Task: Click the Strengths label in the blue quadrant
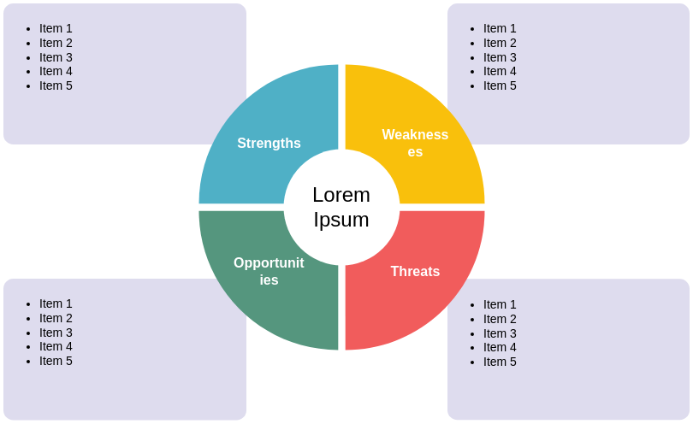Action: [269, 144]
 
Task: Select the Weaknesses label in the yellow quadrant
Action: [415, 143]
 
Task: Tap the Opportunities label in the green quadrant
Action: [269, 271]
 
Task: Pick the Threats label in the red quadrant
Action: [415, 272]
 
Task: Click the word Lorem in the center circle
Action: [341, 195]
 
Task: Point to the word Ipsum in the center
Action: [341, 220]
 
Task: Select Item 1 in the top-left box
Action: [56, 28]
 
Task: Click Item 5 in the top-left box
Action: [56, 85]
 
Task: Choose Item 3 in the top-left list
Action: [56, 57]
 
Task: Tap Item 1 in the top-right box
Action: [500, 28]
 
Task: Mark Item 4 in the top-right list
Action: [500, 72]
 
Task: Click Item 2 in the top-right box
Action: [500, 43]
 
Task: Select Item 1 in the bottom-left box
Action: [56, 303]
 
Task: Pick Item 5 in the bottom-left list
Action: [56, 361]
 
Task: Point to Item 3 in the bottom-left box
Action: [56, 333]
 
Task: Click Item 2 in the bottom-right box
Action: [500, 319]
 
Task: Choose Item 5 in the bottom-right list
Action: [500, 362]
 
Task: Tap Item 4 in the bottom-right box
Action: [500, 347]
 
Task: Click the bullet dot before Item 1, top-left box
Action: [28, 29]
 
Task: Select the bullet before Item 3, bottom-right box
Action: [472, 334]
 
